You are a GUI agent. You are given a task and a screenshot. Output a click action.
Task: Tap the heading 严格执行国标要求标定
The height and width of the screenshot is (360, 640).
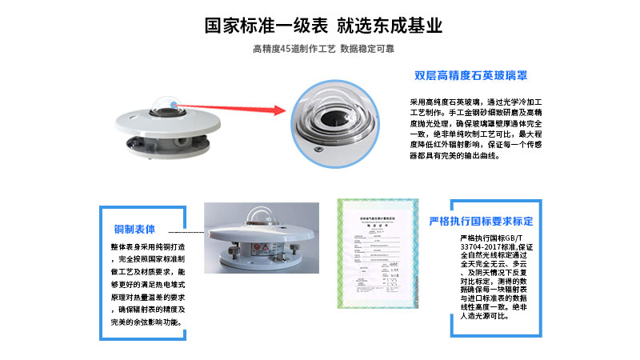pyautogui.click(x=481, y=221)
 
